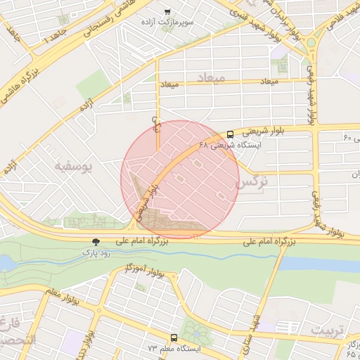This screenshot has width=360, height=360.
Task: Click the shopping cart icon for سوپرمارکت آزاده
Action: [167, 12]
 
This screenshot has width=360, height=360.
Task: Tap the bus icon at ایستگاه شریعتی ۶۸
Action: [230, 134]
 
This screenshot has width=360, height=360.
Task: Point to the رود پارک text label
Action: [95, 251]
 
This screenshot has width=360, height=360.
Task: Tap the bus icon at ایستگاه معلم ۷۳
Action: [174, 338]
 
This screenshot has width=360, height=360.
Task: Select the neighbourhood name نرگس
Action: [254, 182]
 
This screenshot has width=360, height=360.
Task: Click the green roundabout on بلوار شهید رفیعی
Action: [311, 42]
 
